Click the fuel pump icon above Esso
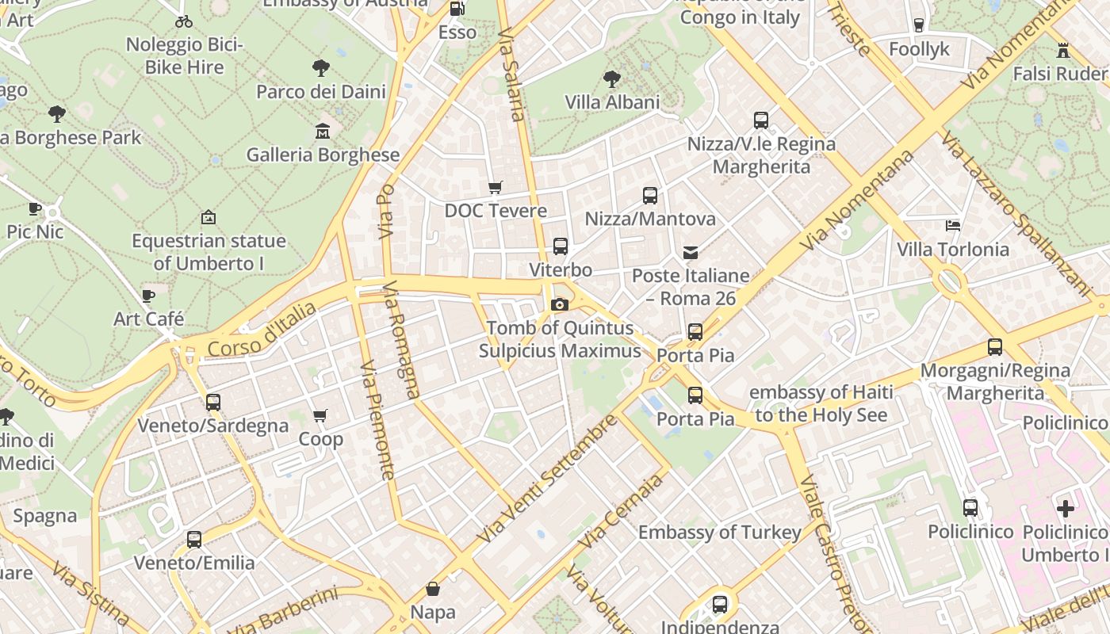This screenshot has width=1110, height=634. pos(457,9)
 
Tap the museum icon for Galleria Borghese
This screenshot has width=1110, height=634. pos(322,131)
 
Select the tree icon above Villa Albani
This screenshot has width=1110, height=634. pos(611,79)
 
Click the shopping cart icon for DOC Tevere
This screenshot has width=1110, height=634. pos(496,188)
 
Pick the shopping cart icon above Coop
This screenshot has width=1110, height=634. pos(320,416)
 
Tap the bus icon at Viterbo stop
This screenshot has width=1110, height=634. pos(561,246)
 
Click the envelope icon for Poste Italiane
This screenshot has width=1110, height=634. pos(691,253)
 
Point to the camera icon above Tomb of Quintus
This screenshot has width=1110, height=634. pos(560,305)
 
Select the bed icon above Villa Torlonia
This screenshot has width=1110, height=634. pos(953,226)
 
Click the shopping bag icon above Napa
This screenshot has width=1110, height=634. pos(433,589)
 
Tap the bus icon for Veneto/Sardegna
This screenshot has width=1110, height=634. pos(213,403)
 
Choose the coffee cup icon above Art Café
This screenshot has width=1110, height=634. pos(148,296)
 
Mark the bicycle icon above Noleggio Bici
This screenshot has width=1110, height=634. pos(184,21)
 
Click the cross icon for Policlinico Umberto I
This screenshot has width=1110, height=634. pos(1066,508)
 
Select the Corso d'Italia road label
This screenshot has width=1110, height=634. pos(262,329)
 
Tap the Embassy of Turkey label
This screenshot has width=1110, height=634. pos(720,533)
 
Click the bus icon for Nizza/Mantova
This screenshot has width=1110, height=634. pos(650,196)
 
